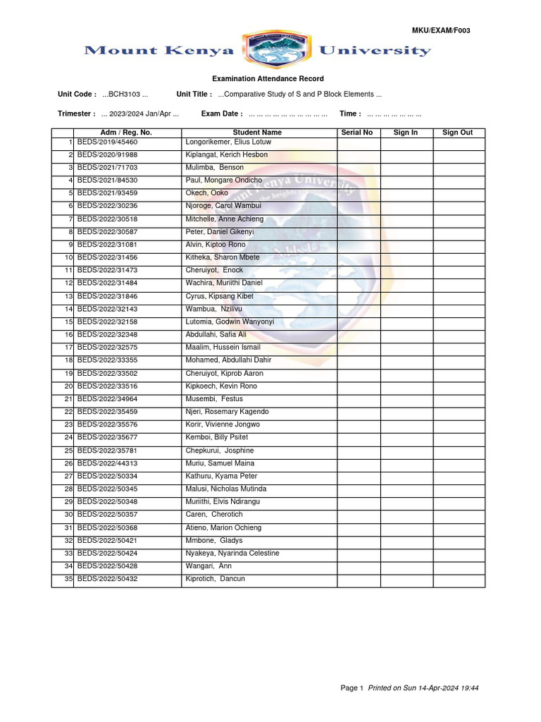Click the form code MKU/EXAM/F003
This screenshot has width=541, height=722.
click(x=441, y=30)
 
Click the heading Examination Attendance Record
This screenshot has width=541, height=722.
click(x=268, y=79)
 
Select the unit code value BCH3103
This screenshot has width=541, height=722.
click(x=125, y=94)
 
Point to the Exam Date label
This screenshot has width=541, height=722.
click(x=222, y=114)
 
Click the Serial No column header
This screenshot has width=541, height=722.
click(x=357, y=133)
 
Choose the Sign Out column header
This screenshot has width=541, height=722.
click(x=458, y=133)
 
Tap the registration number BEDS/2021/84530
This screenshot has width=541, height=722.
click(x=107, y=180)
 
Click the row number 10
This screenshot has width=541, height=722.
click(x=69, y=257)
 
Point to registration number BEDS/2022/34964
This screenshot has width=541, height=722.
click(x=107, y=399)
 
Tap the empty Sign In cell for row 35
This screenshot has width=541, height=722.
click(x=406, y=580)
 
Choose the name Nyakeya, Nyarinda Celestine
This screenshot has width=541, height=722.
click(x=232, y=553)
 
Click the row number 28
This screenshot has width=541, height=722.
click(x=69, y=489)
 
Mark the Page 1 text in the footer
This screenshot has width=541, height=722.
click(x=352, y=688)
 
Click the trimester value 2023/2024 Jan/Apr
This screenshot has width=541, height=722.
click(x=139, y=114)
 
